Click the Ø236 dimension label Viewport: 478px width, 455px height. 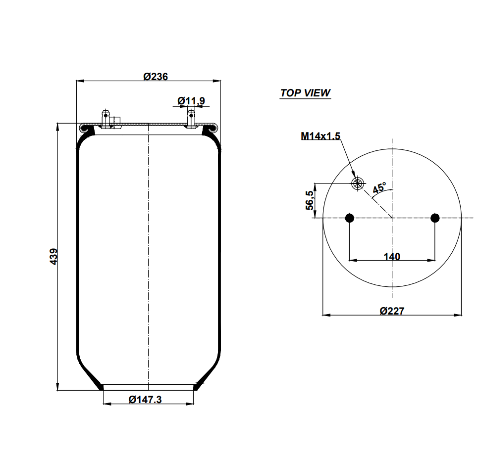pos(156,76)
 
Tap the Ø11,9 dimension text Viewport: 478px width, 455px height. pos(191,101)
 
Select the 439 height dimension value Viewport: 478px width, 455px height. pos(53,257)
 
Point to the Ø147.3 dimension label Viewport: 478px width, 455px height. pos(145,399)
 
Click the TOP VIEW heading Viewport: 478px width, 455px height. pos(305,93)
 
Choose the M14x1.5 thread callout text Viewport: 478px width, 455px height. pos(320,136)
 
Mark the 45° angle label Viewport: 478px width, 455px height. pos(379,187)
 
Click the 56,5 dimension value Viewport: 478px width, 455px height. pos(310,200)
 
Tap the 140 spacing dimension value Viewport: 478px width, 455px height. pos(392,257)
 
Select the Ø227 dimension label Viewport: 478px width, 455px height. pos(392,311)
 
